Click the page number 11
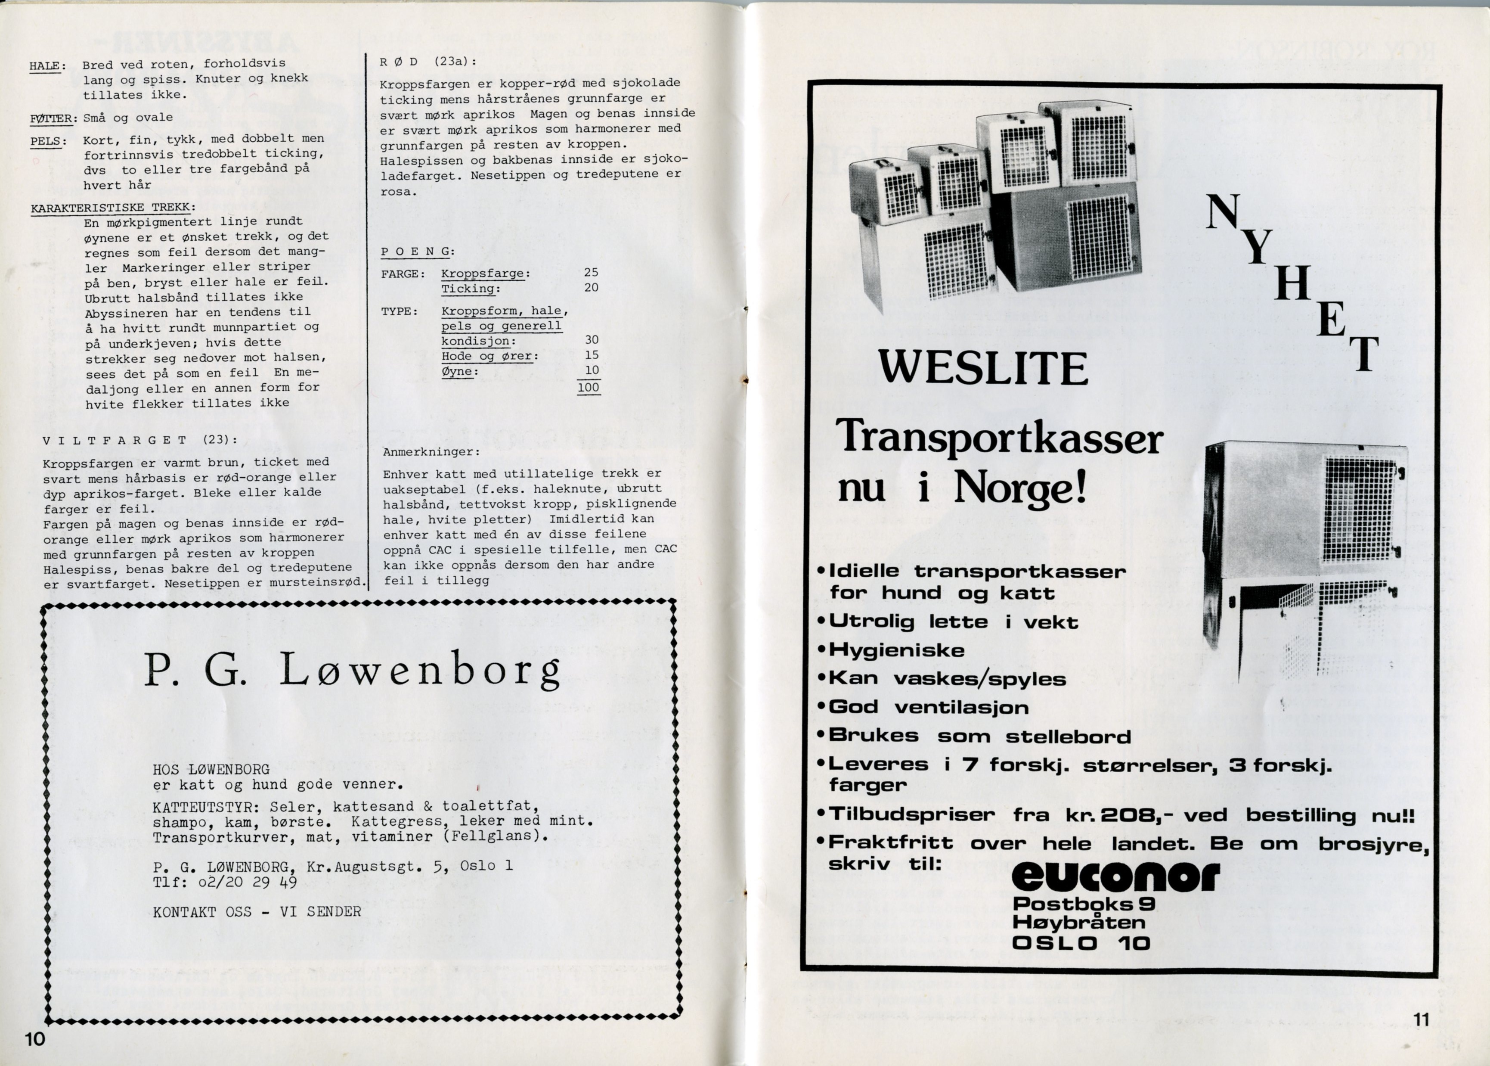click(1420, 1019)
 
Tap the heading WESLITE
click(983, 369)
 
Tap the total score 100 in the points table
click(589, 387)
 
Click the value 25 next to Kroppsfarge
click(591, 272)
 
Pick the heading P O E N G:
click(418, 252)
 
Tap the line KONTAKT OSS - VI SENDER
click(257, 912)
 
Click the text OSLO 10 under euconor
click(1081, 943)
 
